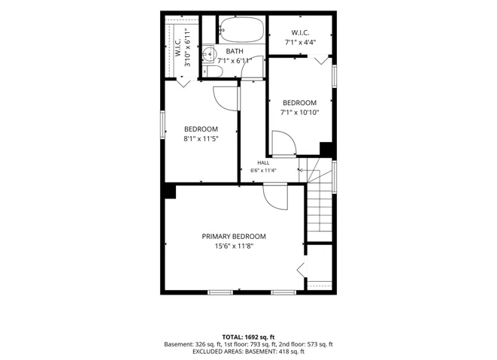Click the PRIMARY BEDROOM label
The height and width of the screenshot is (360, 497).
pos(234,237)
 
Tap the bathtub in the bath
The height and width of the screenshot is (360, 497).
pos(242,29)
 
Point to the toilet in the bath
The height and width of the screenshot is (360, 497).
pos(213,71)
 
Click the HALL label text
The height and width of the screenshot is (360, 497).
pos(263,163)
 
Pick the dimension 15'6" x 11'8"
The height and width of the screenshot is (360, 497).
pos(234,246)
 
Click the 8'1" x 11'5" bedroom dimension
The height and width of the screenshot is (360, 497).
pos(201,138)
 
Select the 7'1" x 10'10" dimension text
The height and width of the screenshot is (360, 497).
pos(299,112)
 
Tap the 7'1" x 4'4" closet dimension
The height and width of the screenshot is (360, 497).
pos(300,42)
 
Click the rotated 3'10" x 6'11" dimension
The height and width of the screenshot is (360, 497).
pos(188,48)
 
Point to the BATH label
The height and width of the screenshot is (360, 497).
pos(235,51)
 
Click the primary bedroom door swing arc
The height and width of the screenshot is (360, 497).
pos(275,198)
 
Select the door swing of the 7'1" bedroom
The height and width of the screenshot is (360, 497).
pos(284,144)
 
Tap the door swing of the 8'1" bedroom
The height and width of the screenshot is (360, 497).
pos(226,99)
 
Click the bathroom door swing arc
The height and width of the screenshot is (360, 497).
pos(253,67)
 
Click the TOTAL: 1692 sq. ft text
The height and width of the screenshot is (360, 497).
pos(248,337)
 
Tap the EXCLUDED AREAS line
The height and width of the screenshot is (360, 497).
pos(248,352)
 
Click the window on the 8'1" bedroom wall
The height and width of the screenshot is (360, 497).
pos(162,125)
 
